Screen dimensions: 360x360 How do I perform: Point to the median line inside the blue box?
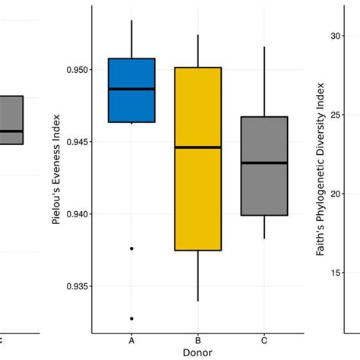pyautogui.click(x=131, y=89)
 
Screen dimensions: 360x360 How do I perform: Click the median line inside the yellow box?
pyautogui.click(x=197, y=147)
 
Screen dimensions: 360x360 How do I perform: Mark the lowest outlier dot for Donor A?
pyautogui.click(x=131, y=318)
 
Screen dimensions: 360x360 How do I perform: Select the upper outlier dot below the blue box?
pyautogui.click(x=131, y=248)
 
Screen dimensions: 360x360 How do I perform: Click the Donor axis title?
pyautogui.click(x=197, y=353)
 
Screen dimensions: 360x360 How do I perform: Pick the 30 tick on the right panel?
pyautogui.click(x=335, y=35)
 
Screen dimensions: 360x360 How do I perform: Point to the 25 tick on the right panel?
pyautogui.click(x=335, y=114)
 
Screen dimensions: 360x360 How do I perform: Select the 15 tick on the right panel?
pyautogui.click(x=335, y=273)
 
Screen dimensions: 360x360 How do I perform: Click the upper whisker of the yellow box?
pyautogui.click(x=197, y=51)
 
